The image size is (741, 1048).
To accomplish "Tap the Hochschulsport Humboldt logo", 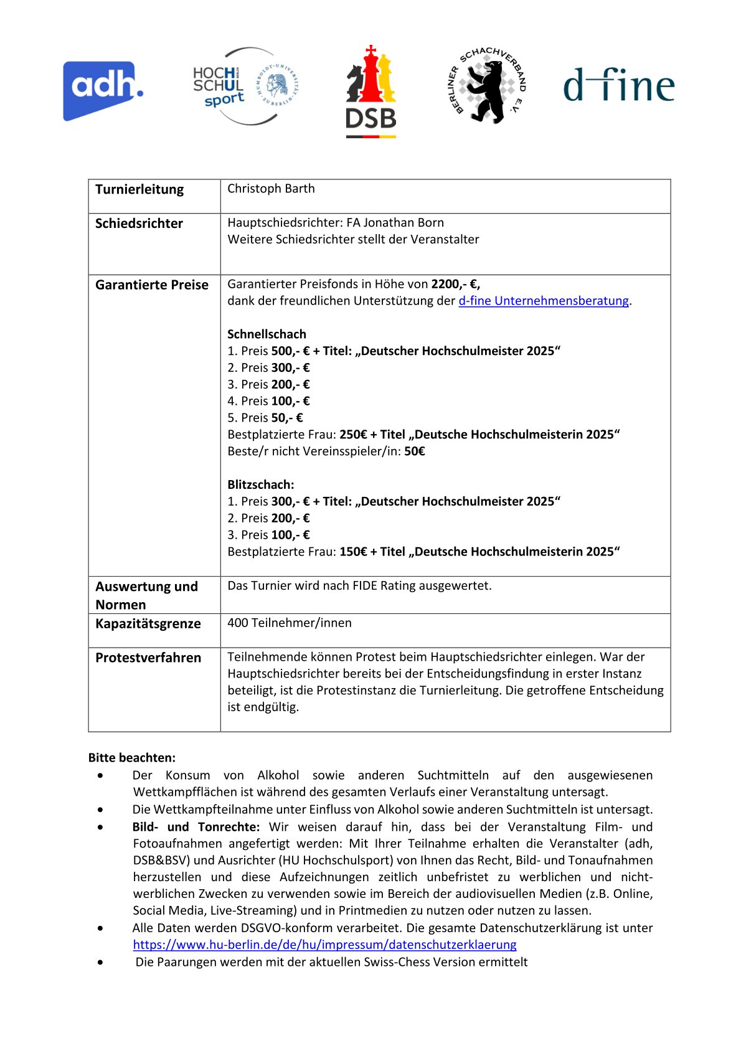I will [245, 87].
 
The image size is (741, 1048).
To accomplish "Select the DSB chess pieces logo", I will [371, 92].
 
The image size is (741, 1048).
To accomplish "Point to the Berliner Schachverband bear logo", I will [487, 86].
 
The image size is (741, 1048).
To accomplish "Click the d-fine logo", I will [618, 85].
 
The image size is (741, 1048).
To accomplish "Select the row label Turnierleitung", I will [139, 189].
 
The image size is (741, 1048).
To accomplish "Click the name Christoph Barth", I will [271, 189].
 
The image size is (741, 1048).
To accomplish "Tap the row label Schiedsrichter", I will [139, 224].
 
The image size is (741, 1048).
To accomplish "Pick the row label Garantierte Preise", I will [152, 285].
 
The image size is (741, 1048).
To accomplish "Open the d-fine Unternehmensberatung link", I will [543, 301].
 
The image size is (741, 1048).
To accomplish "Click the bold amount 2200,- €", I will [455, 284].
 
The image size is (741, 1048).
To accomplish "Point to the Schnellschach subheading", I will [267, 334].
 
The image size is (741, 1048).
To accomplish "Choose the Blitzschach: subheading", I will [261, 484].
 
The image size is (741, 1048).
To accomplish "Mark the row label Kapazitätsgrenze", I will [148, 624].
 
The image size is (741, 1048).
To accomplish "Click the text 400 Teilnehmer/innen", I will [290, 623].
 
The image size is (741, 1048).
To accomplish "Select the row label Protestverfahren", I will [148, 658].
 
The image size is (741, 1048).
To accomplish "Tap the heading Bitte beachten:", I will [132, 758].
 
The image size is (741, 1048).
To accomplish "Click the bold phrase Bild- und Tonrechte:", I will [196, 827].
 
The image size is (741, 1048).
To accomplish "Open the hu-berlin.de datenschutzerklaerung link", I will [324, 945].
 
